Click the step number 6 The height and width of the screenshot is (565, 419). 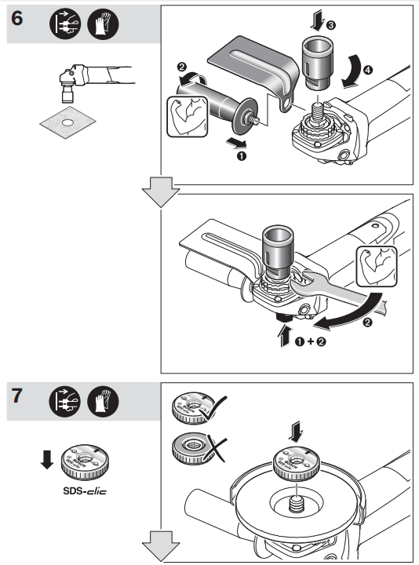(x=18, y=19)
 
